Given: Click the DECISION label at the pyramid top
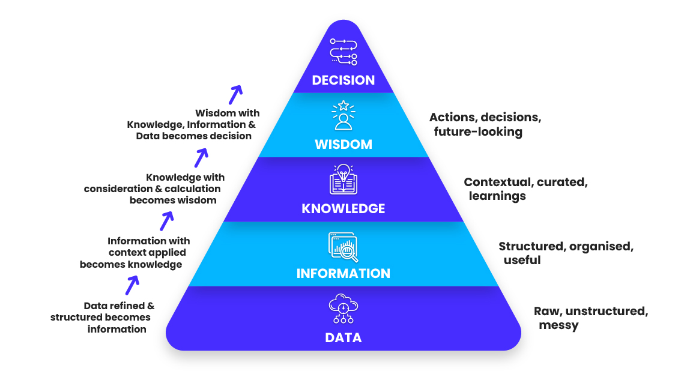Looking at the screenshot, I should click(x=343, y=80).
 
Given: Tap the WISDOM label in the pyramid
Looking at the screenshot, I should click(x=343, y=145).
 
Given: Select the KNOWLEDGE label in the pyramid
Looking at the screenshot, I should click(x=343, y=209).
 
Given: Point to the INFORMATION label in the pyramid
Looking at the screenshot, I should click(x=343, y=274).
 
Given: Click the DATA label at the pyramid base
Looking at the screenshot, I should click(x=343, y=338).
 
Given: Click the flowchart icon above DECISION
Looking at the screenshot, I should click(x=343, y=51).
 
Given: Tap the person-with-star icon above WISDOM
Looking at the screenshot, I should click(x=343, y=116).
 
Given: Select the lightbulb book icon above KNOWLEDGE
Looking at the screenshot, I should click(x=343, y=179).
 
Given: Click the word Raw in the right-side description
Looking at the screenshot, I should click(x=545, y=311).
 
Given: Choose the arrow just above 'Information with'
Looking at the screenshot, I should click(x=166, y=220).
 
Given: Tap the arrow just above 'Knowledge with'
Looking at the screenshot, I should click(x=201, y=157).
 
